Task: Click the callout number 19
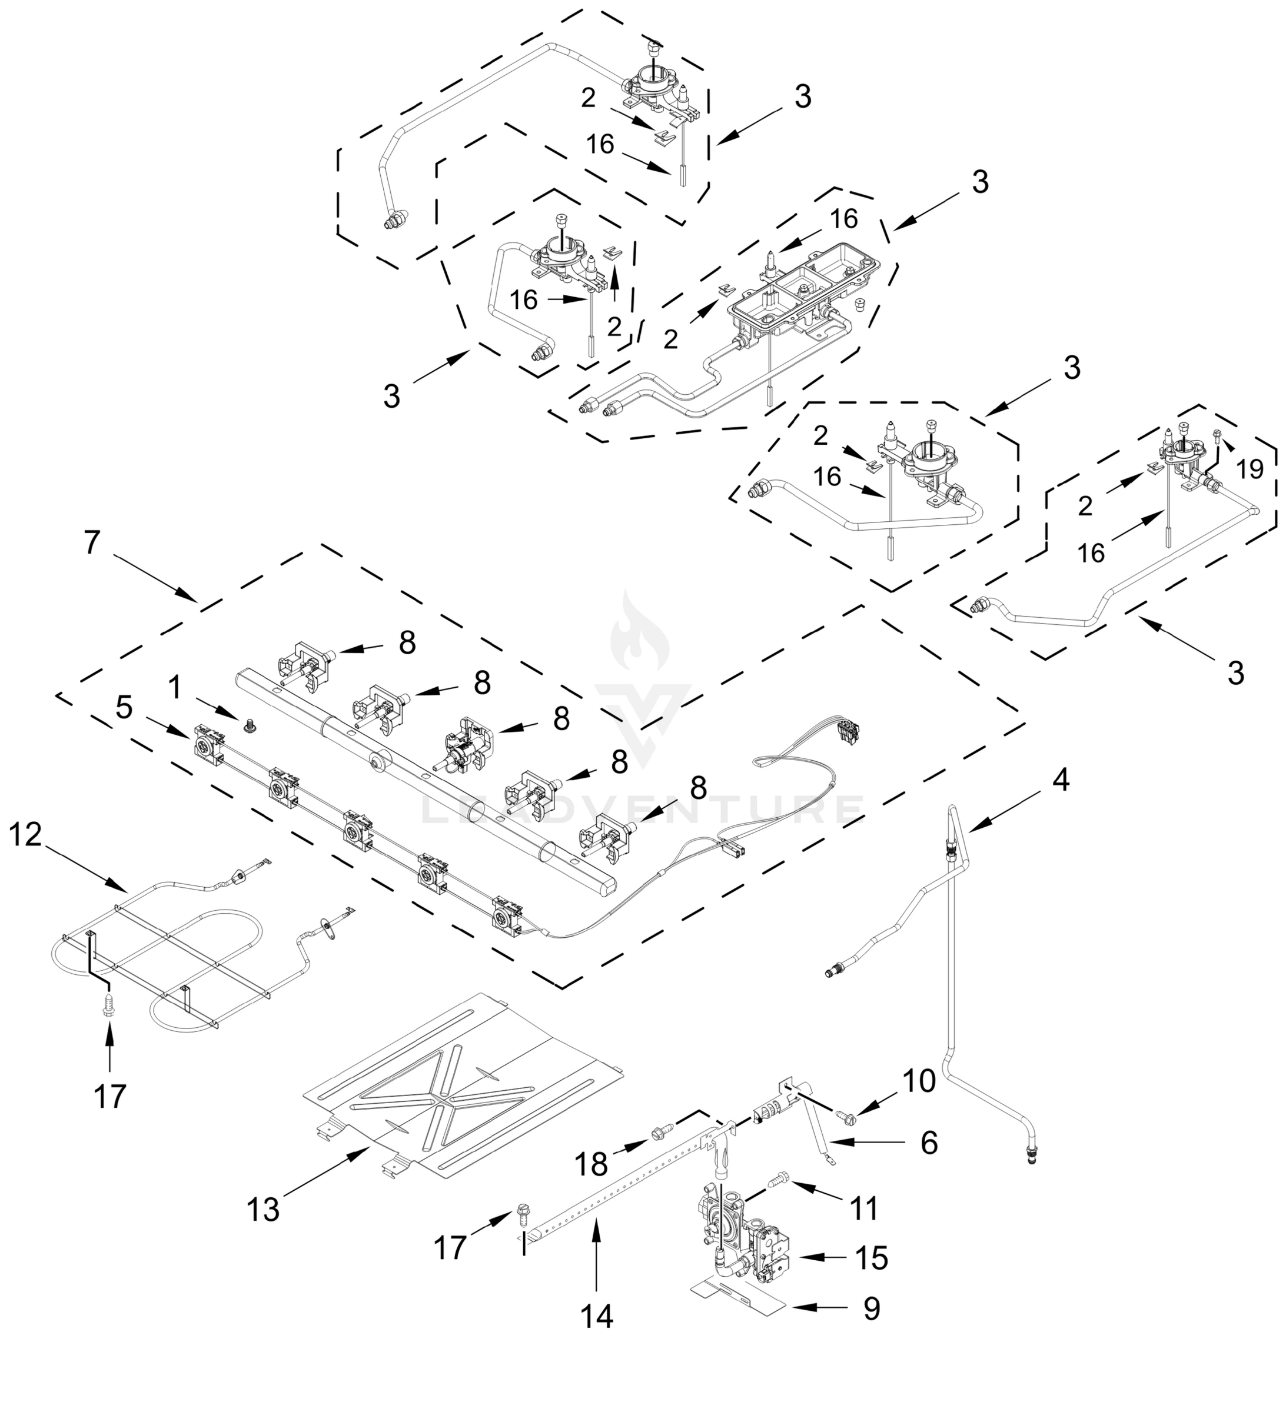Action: coord(1250,469)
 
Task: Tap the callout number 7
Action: coord(92,543)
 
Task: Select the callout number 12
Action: coord(26,835)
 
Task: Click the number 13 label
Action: coord(263,1210)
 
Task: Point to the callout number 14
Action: coord(596,1317)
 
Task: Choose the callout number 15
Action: coord(872,1258)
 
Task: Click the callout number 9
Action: coord(871,1308)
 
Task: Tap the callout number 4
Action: coord(1061,780)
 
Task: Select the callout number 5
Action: coord(124,707)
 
